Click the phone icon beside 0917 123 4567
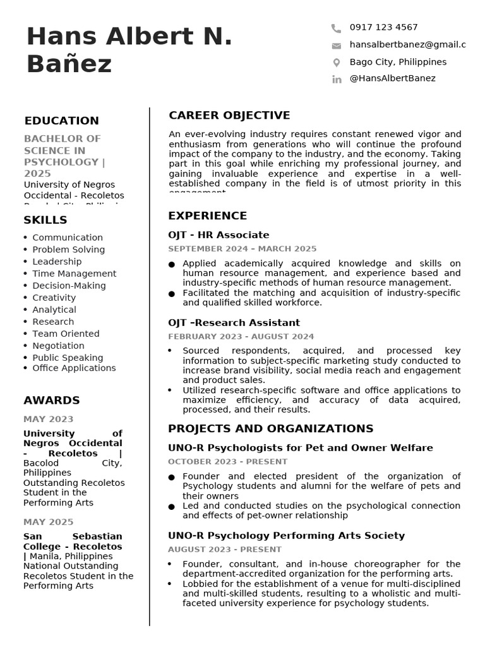336,28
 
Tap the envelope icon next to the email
336,45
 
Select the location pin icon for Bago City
336,63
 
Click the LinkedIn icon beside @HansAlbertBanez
336,79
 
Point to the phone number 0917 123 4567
383,27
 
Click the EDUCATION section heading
61,121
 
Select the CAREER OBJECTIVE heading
229,116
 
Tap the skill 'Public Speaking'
68,358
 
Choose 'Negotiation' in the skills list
58,346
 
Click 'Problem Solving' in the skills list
68,250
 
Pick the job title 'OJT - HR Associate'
219,235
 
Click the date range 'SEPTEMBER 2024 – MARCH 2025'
242,249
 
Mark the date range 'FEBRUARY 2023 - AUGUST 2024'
241,337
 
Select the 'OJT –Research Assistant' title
234,323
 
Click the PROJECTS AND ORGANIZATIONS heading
270,429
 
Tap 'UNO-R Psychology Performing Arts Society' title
286,536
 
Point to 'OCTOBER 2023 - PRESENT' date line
227,462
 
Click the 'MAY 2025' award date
48,522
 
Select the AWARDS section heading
52,401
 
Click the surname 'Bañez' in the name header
69,64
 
